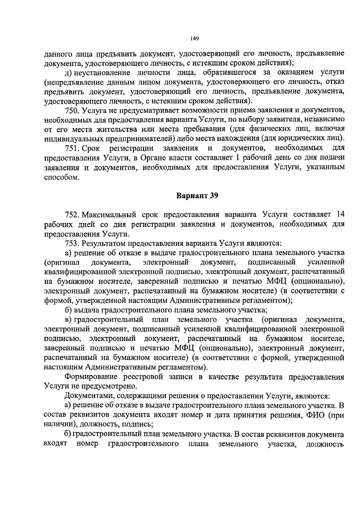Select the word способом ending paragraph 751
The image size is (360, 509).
point(61,177)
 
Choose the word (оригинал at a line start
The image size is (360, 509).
point(61,262)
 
